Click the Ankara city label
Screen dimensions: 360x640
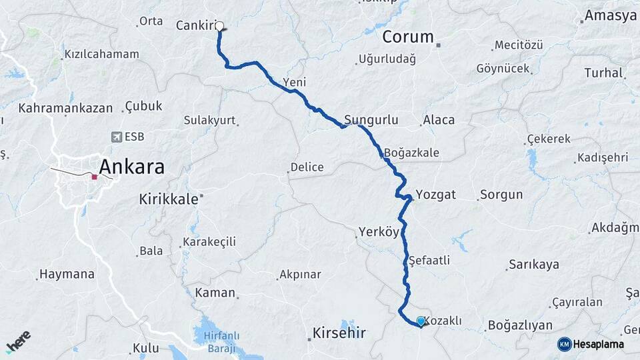point(131,167)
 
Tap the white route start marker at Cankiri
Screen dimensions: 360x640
point(219,27)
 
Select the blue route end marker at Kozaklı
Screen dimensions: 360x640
point(421,321)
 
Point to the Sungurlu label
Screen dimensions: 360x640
point(371,121)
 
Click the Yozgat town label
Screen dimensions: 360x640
point(435,195)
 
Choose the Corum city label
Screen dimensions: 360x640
point(408,37)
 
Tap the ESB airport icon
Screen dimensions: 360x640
point(117,137)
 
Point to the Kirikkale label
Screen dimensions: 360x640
point(169,199)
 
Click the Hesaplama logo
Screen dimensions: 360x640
point(591,344)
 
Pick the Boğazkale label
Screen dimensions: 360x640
point(411,153)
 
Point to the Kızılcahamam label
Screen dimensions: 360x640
point(102,54)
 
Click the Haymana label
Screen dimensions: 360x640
point(67,274)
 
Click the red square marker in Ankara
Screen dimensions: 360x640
point(95,177)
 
